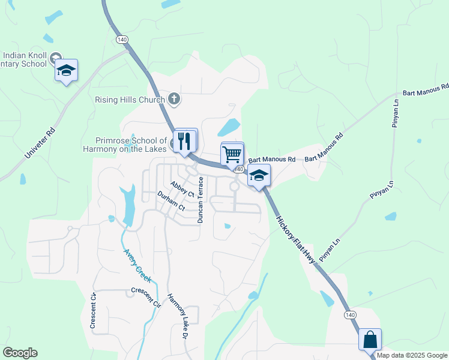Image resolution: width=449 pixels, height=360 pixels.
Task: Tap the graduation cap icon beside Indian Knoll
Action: click(66, 71)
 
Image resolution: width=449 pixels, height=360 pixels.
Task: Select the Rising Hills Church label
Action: click(129, 99)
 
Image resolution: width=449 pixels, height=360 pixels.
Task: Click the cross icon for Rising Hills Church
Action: click(174, 98)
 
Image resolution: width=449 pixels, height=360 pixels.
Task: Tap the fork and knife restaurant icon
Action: click(185, 140)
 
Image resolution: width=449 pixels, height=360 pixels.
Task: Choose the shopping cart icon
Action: click(232, 154)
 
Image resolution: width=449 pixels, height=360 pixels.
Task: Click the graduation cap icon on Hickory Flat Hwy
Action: click(259, 175)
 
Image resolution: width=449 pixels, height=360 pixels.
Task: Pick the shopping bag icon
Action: click(370, 339)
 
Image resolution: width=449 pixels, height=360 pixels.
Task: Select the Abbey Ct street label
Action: click(182, 190)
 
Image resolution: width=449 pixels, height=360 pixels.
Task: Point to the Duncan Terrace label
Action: click(201, 200)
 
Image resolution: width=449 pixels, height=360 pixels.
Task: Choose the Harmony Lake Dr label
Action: click(182, 313)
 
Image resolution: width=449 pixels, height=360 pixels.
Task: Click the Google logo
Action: click(20, 353)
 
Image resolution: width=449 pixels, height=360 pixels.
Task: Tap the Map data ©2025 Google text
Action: click(411, 355)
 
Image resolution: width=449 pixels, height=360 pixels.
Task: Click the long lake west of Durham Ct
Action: click(128, 203)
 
